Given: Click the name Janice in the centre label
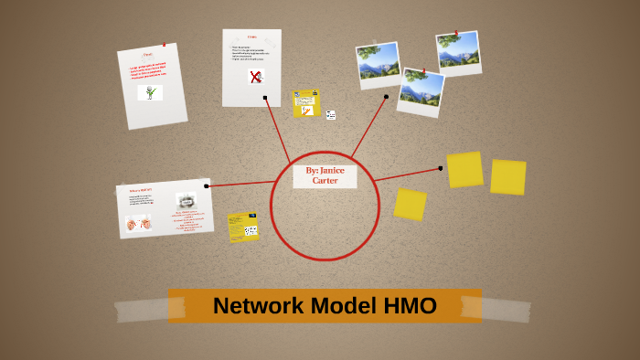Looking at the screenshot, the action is tap(333, 170).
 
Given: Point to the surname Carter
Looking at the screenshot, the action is tap(325, 180).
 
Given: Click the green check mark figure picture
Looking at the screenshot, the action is tap(149, 92).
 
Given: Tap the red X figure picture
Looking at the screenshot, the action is tap(255, 78).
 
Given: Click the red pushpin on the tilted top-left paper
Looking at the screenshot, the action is tap(164, 45).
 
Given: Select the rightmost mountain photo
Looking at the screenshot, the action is tap(458, 52).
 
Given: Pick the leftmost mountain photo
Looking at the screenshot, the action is tap(378, 62).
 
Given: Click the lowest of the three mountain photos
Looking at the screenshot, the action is tap(421, 91).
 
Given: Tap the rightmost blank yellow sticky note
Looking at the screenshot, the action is tap(507, 177).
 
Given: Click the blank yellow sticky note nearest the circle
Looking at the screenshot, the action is tap(410, 204).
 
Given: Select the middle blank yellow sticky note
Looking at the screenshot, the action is tap(464, 169).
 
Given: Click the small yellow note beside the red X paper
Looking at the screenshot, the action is tap(306, 103).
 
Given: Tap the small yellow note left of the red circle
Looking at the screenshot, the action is tap(243, 227).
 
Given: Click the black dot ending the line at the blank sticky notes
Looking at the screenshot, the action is tap(441, 168).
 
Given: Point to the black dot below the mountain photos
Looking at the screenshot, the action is tap(386, 96).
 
